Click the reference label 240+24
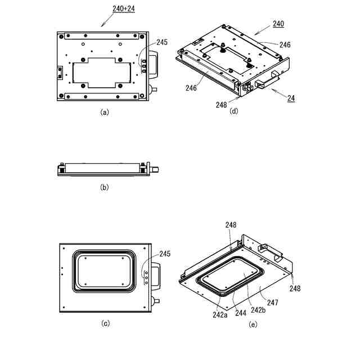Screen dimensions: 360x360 [124, 9]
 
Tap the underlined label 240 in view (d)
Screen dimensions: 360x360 [278, 24]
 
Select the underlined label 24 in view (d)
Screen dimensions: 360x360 [291, 98]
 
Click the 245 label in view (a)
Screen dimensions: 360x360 [162, 42]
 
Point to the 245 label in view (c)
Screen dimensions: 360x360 [165, 254]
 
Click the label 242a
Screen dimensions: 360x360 [220, 315]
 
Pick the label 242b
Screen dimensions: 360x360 [258, 310]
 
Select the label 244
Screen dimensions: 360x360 [241, 313]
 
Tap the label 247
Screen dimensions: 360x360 [272, 303]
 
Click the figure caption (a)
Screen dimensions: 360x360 [105, 112]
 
